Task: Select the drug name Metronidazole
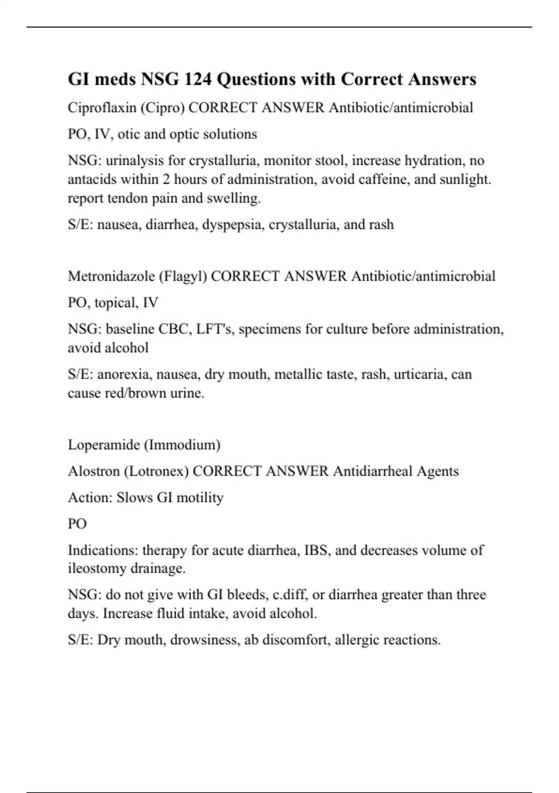(x=111, y=276)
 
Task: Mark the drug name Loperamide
(x=103, y=445)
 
